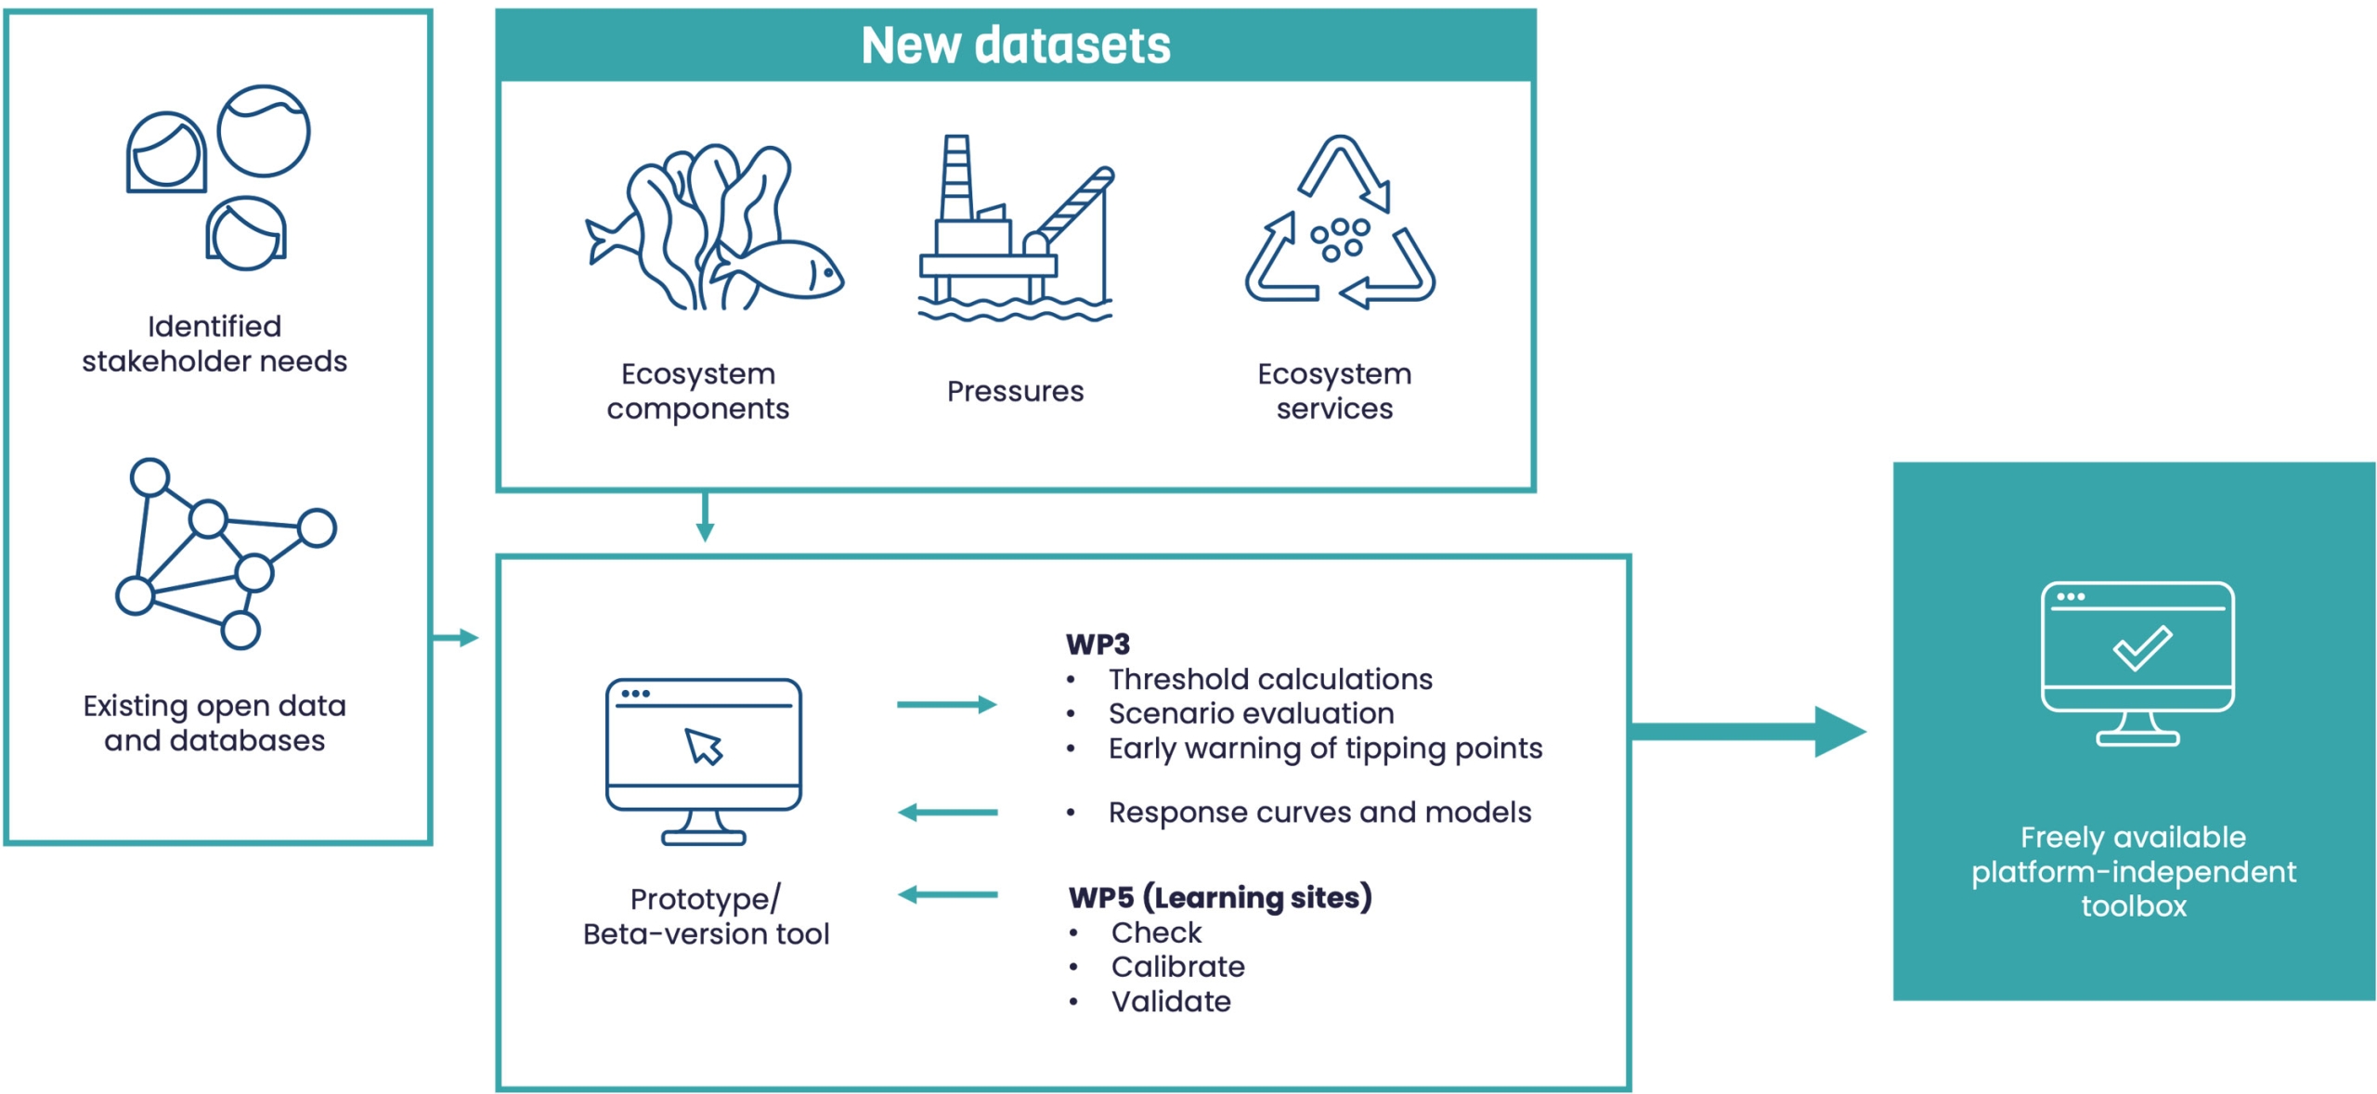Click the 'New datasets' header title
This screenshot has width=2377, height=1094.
(x=1015, y=45)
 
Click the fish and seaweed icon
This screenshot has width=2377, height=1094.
(x=713, y=228)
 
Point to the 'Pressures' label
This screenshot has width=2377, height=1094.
(x=1015, y=391)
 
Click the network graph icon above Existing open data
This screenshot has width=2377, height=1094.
(x=226, y=554)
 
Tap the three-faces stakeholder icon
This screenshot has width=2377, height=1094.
(x=219, y=177)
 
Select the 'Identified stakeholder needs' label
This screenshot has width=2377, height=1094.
(x=214, y=344)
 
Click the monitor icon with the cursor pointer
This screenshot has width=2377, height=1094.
(x=704, y=759)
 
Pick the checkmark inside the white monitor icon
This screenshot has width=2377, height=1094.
(x=2141, y=647)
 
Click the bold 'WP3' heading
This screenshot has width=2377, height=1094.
(x=1097, y=644)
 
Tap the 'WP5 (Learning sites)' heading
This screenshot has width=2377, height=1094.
(x=1219, y=897)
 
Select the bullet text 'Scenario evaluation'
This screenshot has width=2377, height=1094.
(x=1251, y=713)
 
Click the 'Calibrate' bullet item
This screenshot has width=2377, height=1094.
(x=1177, y=967)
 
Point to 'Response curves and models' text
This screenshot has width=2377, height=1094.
(x=1318, y=813)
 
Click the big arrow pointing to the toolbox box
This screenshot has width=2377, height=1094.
(x=1746, y=732)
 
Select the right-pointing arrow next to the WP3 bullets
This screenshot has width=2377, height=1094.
(x=946, y=705)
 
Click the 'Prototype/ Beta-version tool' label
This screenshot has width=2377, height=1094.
(x=706, y=916)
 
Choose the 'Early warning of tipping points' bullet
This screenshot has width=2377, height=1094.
(x=1325, y=749)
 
